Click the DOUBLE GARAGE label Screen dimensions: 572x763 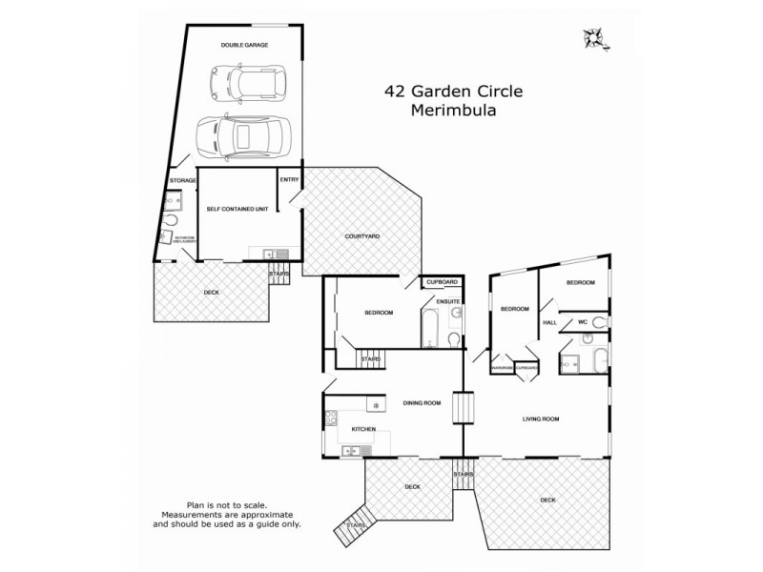click(244, 45)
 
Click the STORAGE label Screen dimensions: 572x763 click(182, 180)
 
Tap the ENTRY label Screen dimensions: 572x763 click(288, 179)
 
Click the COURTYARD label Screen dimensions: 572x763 click(362, 235)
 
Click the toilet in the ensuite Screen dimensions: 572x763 click(456, 338)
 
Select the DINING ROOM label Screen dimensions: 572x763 click(421, 402)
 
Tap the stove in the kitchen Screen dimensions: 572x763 click(332, 418)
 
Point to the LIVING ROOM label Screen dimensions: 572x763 click(540, 419)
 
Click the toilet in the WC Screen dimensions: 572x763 click(598, 323)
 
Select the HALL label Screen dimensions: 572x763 click(549, 323)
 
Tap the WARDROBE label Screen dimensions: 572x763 click(502, 368)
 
